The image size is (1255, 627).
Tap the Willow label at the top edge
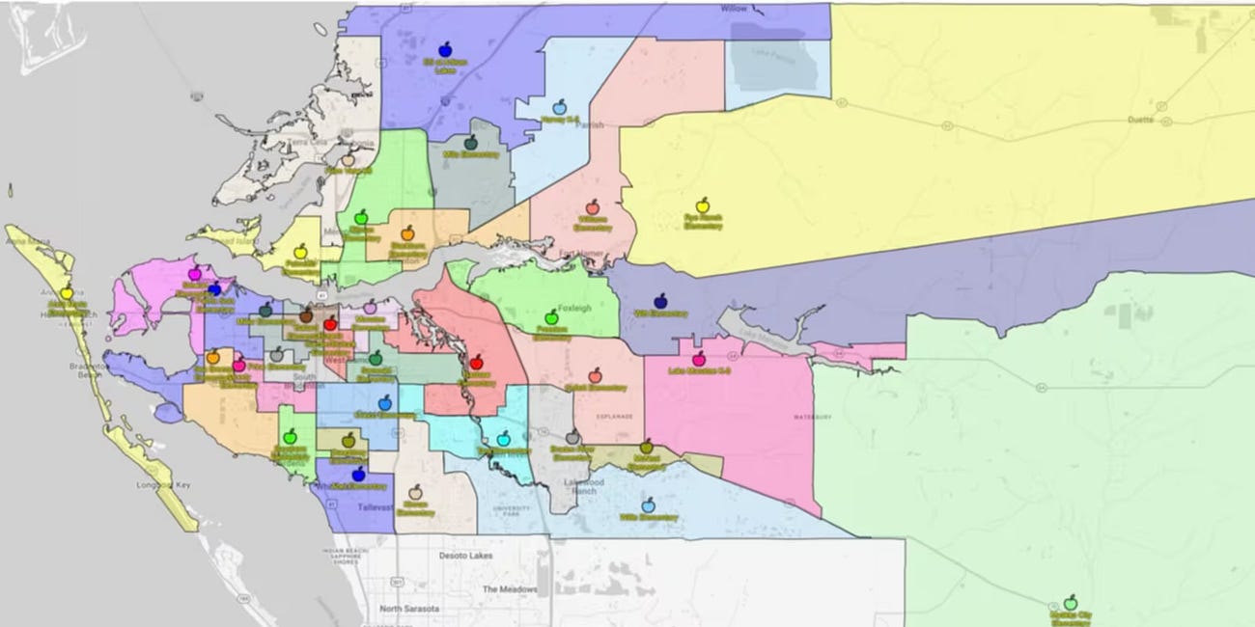pyautogui.click(x=735, y=9)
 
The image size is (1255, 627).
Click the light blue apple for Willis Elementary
pyautogui.click(x=648, y=504)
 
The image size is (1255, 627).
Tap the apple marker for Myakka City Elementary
pyautogui.click(x=1070, y=602)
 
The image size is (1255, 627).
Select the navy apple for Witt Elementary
pyautogui.click(x=661, y=301)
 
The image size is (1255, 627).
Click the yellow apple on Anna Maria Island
pyautogui.click(x=67, y=292)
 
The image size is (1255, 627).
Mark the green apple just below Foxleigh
pyautogui.click(x=551, y=316)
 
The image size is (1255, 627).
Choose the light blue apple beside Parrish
pyautogui.click(x=559, y=107)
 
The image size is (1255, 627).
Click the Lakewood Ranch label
pyautogui.click(x=583, y=485)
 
